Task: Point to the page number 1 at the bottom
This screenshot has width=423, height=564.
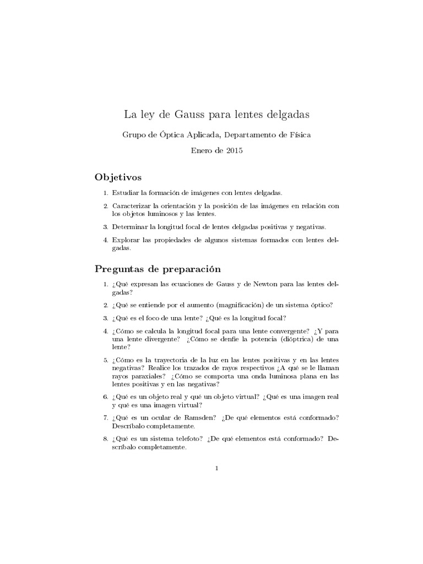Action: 217,469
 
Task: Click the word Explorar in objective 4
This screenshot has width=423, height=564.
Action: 126,240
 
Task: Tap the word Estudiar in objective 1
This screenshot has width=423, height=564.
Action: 126,193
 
